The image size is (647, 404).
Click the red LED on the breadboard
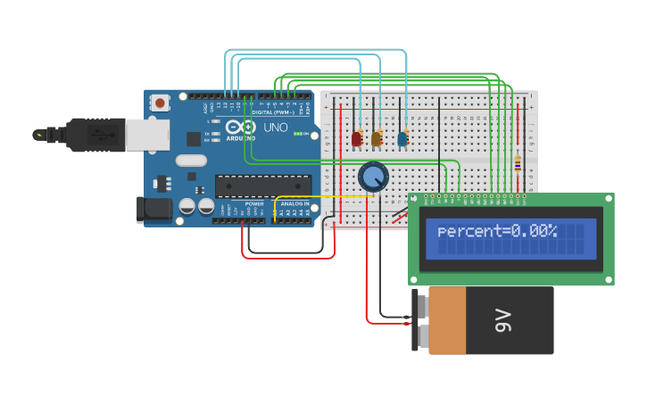(357, 138)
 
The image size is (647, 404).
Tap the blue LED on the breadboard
(402, 138)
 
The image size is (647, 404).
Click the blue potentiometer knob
(373, 177)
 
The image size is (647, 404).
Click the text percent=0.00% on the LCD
(497, 231)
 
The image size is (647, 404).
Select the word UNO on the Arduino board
(276, 128)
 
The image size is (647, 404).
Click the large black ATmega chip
(262, 186)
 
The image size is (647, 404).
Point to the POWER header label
(253, 204)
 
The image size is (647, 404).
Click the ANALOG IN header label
(295, 204)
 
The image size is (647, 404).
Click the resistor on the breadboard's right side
(518, 162)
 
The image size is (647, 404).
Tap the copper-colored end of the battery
(446, 320)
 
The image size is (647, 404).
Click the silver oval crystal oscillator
(191, 161)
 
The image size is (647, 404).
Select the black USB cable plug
(95, 135)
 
